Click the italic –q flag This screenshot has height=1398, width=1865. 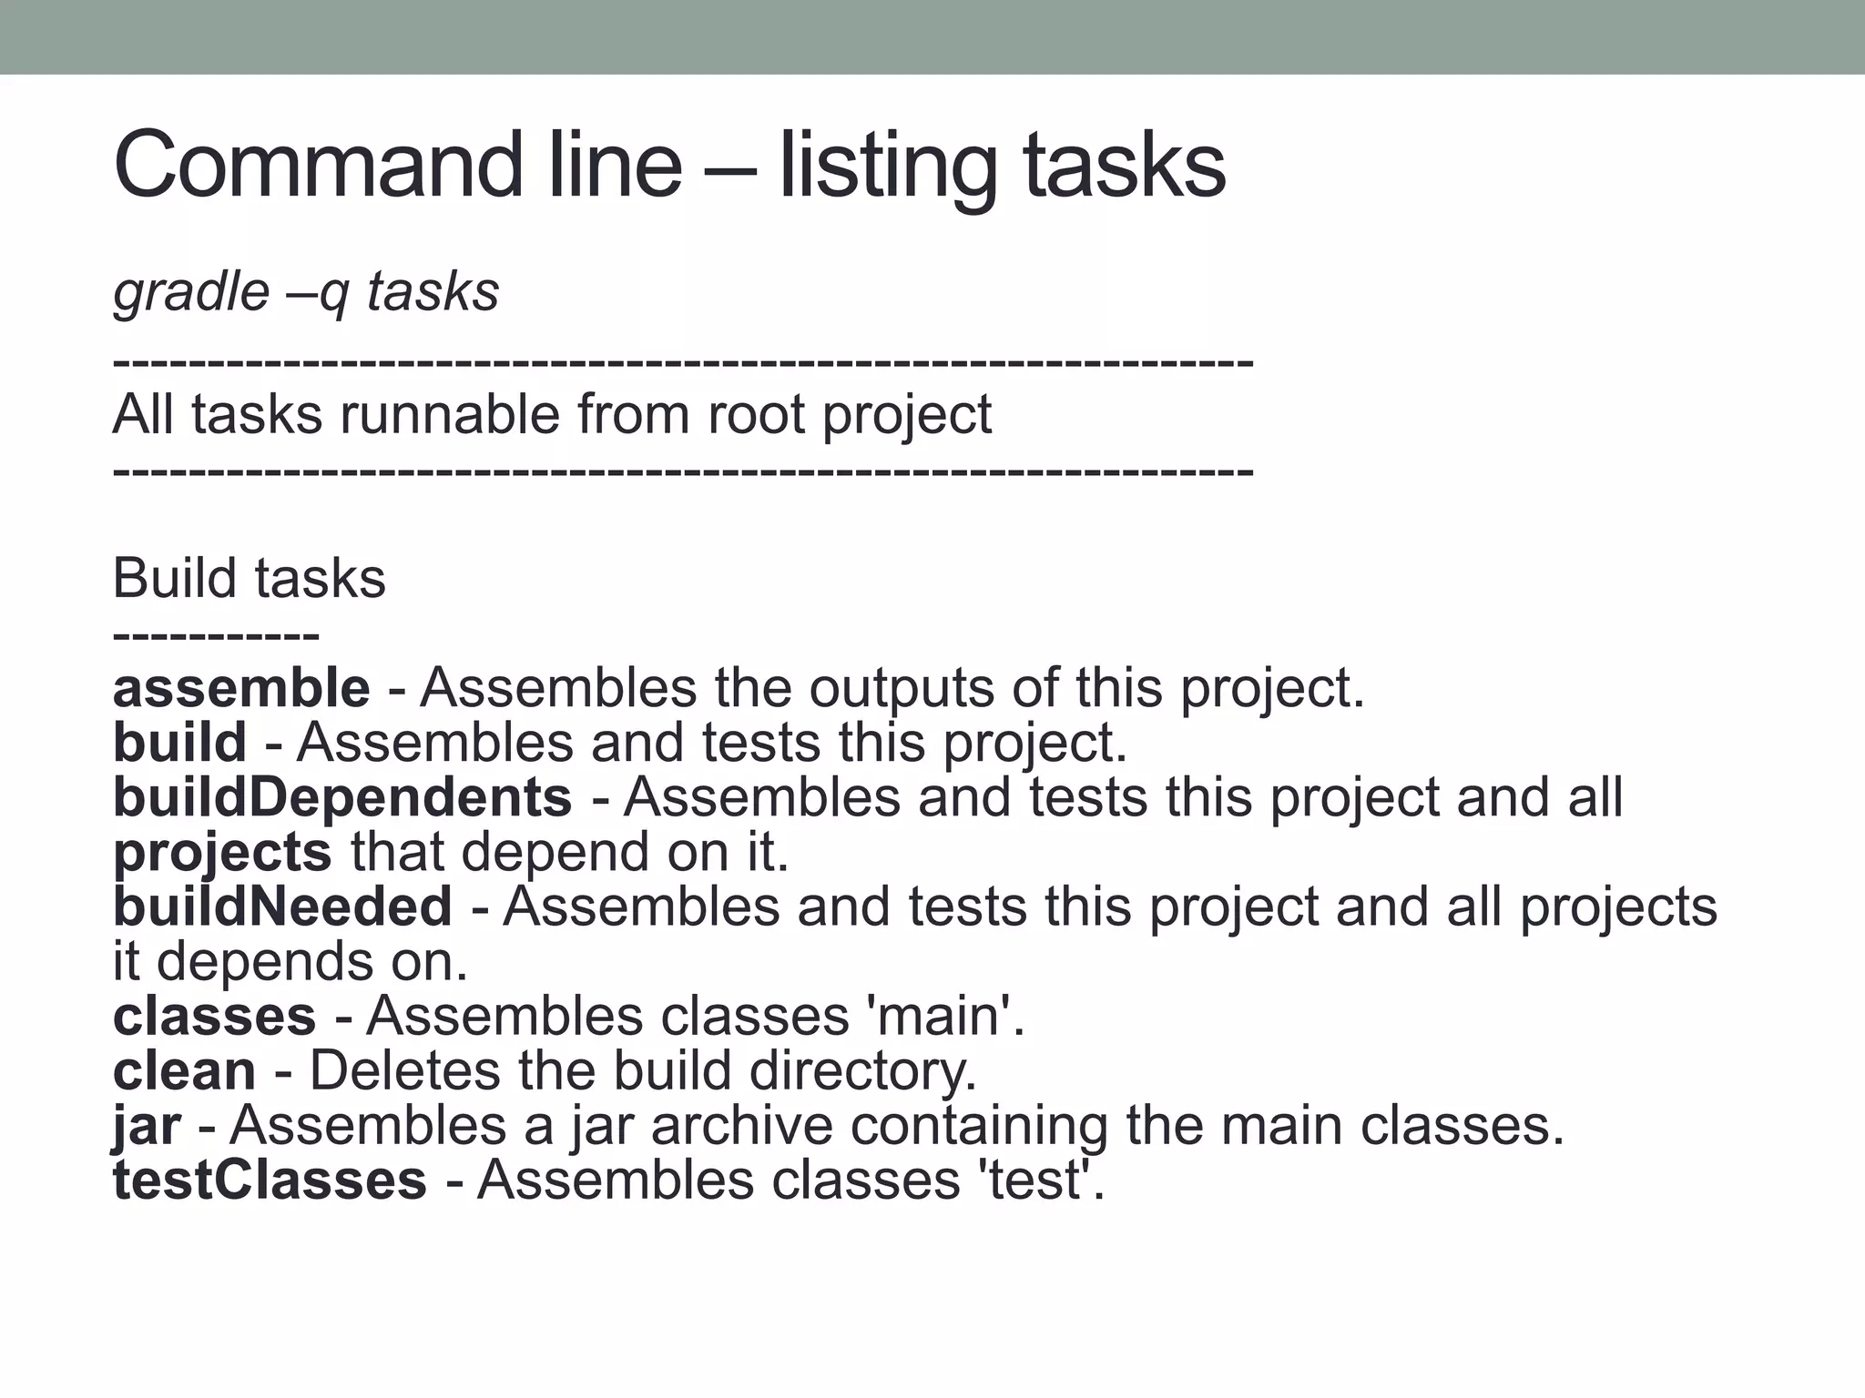[x=322, y=292]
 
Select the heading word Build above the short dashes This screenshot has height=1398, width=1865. [x=174, y=578]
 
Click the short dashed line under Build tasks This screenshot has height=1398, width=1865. [x=216, y=634]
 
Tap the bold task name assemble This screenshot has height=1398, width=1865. [x=241, y=688]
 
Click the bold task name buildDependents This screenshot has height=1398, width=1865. [x=342, y=797]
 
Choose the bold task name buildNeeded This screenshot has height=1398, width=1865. [x=282, y=907]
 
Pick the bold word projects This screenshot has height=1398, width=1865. [x=222, y=852]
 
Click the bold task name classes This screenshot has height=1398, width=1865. [x=214, y=1016]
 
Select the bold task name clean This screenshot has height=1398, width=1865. [x=184, y=1070]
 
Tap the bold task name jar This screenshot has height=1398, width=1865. [x=146, y=1126]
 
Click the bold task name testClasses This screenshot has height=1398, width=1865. [x=270, y=1180]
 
